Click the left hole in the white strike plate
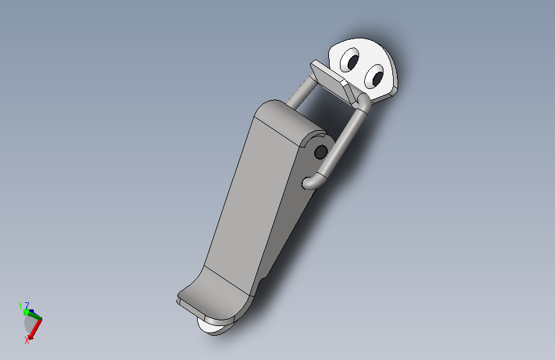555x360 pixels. (x=351, y=61)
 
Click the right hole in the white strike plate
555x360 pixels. (x=374, y=79)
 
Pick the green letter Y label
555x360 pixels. (x=20, y=306)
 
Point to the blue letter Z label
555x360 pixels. (x=27, y=306)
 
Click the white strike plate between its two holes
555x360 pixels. (x=363, y=70)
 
